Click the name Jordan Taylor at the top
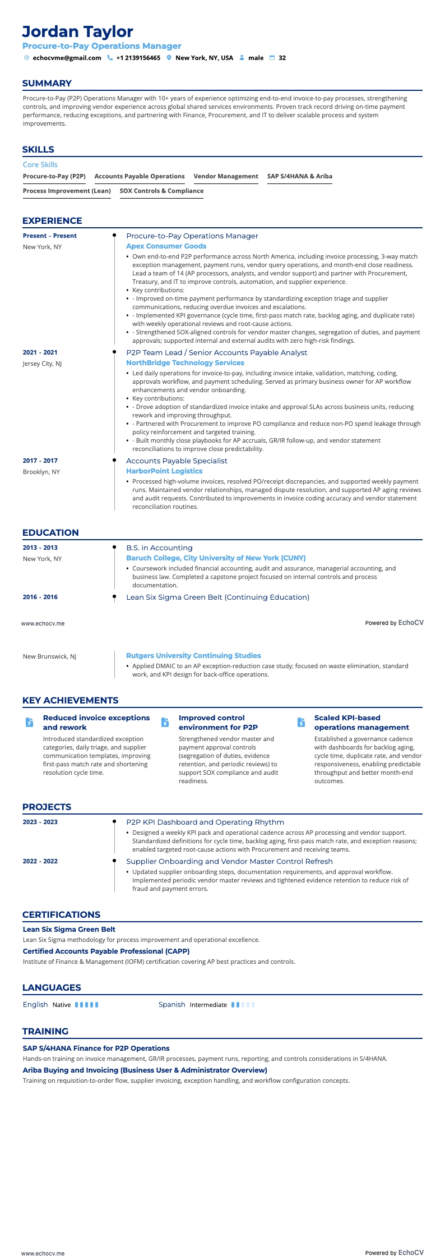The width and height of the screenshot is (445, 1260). tap(78, 31)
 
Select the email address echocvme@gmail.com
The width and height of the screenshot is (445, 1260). tap(67, 58)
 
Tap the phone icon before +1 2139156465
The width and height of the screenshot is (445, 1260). tap(110, 58)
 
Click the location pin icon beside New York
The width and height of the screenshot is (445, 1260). tap(169, 58)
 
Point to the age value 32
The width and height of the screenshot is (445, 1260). tap(282, 58)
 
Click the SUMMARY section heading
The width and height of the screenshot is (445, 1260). tap(47, 84)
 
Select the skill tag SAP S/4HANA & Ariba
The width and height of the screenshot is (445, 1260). tap(299, 176)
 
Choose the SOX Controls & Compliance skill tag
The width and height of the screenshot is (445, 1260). tap(161, 191)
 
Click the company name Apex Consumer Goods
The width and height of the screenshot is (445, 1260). tap(166, 246)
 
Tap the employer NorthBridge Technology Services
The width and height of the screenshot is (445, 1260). tap(185, 363)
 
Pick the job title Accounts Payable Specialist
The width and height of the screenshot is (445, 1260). tap(177, 461)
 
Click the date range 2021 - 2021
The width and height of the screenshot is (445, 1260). tap(40, 352)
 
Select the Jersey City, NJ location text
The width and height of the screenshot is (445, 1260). tap(42, 364)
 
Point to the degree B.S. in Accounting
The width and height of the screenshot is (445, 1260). tap(159, 548)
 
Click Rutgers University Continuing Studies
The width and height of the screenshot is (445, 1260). tap(193, 655)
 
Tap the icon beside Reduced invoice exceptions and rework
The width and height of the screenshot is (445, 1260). tap(29, 722)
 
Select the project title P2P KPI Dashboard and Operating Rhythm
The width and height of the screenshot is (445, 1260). tap(205, 822)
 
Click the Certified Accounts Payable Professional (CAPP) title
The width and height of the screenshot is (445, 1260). tap(106, 951)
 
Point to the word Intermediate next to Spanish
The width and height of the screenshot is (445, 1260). tap(208, 1005)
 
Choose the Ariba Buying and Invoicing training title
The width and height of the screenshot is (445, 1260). tap(145, 1070)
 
